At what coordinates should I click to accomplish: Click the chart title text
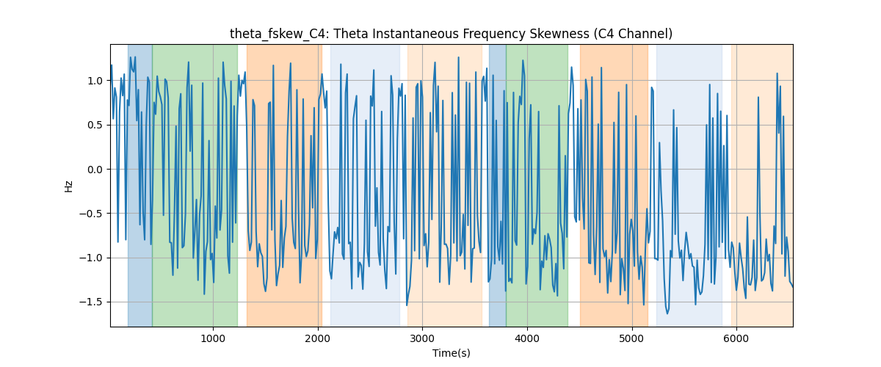tap(451, 34)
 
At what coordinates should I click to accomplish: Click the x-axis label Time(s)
tap(451, 353)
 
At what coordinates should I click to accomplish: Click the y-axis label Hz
tap(69, 186)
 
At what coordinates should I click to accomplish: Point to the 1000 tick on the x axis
tap(213, 338)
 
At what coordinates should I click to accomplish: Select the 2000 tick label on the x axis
tap(318, 338)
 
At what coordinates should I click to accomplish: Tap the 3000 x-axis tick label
tap(422, 338)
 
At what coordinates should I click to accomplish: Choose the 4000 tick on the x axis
tap(527, 338)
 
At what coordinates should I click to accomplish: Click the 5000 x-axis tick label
tap(631, 338)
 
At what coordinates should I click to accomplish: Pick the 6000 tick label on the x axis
tap(736, 338)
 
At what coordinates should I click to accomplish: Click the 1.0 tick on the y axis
tap(95, 81)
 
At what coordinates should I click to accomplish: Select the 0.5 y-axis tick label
tap(95, 125)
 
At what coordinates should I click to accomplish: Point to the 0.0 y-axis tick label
tap(95, 170)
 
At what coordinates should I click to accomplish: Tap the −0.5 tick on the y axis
tap(91, 214)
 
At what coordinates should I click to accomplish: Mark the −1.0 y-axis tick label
tap(91, 258)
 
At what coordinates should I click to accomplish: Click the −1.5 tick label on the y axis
tap(91, 302)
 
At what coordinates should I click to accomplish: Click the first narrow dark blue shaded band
tap(140, 185)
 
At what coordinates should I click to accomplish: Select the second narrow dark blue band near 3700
tap(498, 185)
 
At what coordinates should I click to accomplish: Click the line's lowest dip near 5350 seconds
tap(667, 313)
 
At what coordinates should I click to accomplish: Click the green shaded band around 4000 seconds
tap(537, 185)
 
